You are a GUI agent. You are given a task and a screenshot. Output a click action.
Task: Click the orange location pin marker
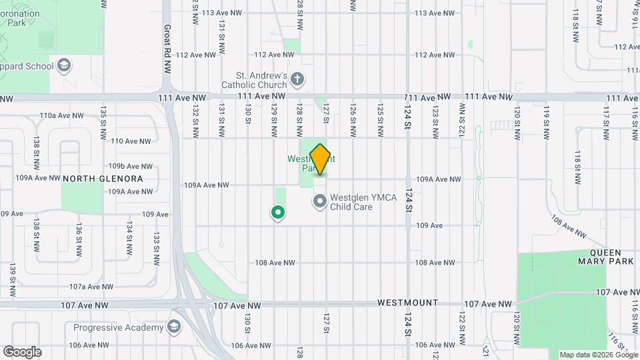(321, 159)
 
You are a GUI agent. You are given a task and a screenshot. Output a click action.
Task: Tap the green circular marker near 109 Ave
(277, 212)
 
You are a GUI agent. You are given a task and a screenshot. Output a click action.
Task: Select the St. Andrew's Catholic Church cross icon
(297, 81)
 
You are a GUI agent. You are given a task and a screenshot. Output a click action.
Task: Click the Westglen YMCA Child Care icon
(320, 201)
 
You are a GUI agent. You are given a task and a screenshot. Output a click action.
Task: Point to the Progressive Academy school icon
(174, 327)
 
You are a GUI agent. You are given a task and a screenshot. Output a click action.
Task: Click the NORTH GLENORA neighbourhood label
(103, 179)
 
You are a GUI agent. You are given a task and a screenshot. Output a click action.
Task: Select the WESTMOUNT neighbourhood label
(408, 302)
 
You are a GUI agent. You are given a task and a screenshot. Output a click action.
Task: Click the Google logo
(22, 352)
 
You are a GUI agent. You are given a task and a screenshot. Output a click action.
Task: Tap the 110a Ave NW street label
(62, 115)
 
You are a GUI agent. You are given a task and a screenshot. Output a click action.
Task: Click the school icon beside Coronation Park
(64, 65)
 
